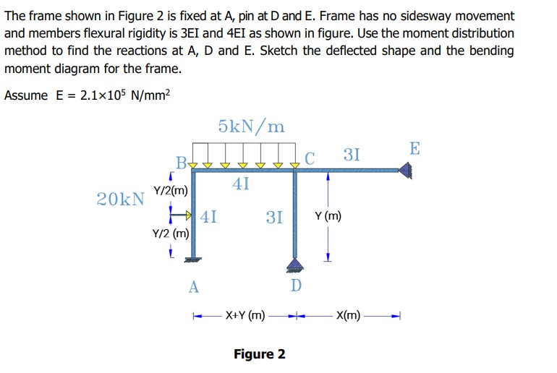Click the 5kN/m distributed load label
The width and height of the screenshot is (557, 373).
[x=251, y=127]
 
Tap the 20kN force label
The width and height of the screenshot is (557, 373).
[x=119, y=199]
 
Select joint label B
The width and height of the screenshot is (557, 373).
[x=180, y=160]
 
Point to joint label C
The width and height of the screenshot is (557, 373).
[x=310, y=158]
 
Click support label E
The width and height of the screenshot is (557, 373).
[x=414, y=149]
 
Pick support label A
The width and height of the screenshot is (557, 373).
[x=193, y=286]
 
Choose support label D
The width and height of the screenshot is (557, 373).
[x=295, y=286]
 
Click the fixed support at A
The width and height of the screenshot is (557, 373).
[x=193, y=260]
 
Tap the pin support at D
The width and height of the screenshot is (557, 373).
[x=295, y=264]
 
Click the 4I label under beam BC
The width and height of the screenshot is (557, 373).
[x=242, y=184]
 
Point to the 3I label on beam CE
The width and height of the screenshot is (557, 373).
[x=352, y=155]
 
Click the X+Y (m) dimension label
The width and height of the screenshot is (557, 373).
[x=245, y=315]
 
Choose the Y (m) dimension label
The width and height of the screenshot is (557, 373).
[x=328, y=215]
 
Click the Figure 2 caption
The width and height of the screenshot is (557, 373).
[x=259, y=353]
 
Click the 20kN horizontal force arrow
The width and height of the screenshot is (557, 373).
[x=181, y=215]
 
